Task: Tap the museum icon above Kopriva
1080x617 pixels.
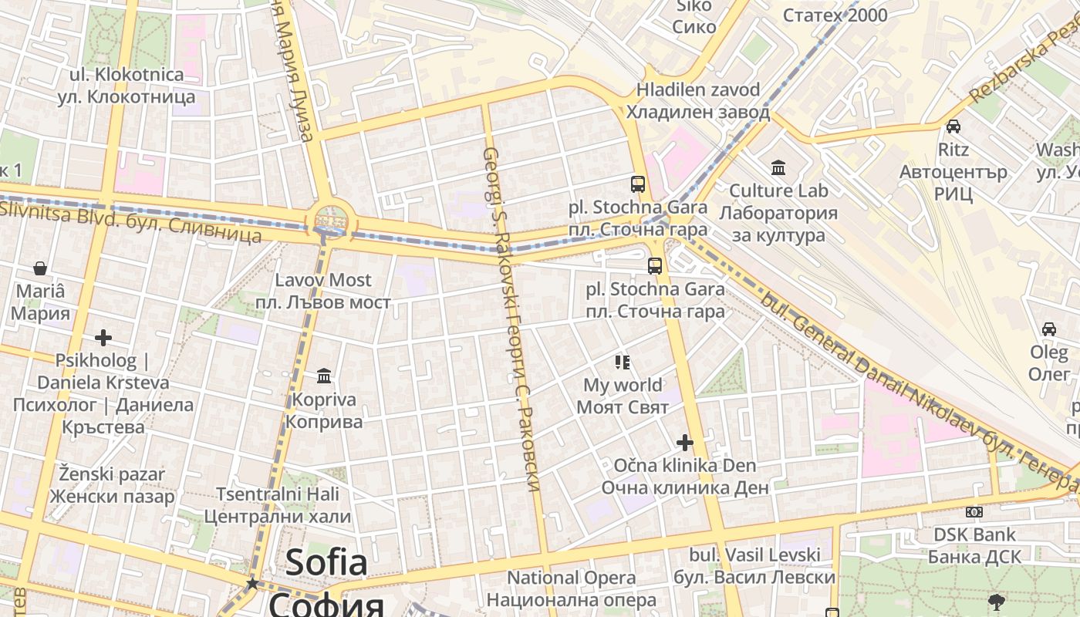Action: (324, 376)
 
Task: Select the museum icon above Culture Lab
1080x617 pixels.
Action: (778, 167)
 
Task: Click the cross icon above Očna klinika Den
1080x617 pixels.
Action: (684, 443)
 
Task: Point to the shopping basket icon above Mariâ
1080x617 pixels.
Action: (40, 268)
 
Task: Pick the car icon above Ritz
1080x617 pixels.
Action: (953, 126)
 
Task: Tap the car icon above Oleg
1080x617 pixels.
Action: (1049, 329)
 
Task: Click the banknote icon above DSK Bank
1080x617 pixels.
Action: (974, 512)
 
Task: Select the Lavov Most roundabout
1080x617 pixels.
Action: (330, 221)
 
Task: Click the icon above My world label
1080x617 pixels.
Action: (623, 362)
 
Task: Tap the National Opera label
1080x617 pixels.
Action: (572, 588)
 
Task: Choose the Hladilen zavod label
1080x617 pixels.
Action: (698, 101)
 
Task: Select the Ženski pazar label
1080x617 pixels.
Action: (113, 484)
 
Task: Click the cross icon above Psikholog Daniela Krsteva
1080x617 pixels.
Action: (103, 338)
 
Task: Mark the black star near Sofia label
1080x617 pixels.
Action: (252, 584)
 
